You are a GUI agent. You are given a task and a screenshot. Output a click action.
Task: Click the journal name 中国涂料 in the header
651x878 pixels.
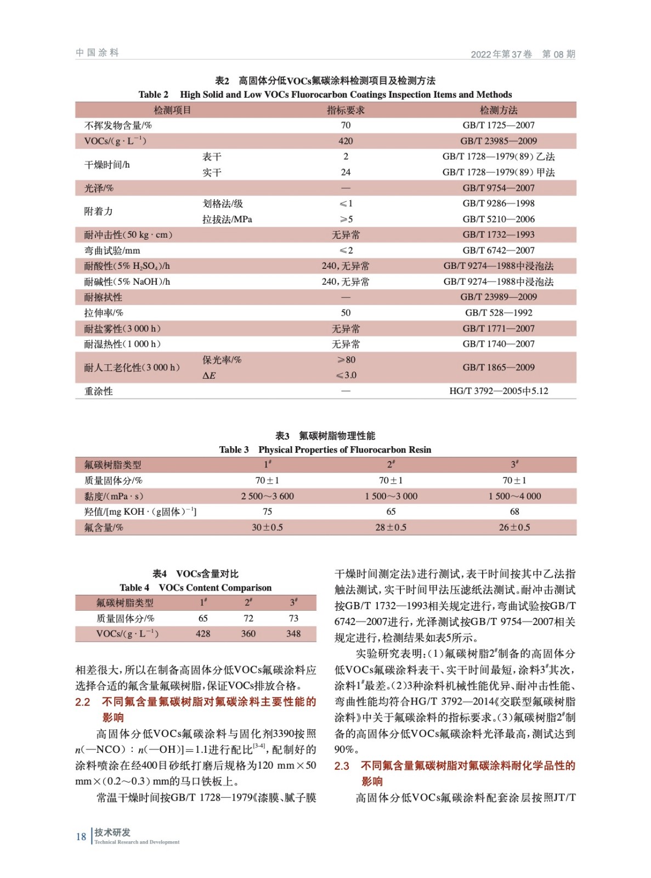coord(97,53)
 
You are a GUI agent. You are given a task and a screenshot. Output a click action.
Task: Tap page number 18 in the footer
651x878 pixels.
coord(81,837)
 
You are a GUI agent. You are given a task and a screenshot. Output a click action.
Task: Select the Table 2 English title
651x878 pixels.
coord(325,94)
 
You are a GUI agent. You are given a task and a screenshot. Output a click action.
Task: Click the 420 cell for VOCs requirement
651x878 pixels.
coord(346,141)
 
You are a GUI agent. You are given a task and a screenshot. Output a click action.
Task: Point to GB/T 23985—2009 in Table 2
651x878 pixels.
coord(499,141)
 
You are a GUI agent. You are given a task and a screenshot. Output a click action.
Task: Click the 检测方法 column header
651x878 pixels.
coord(499,110)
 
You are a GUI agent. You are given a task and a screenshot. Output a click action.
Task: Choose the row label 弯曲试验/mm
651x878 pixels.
coord(112,251)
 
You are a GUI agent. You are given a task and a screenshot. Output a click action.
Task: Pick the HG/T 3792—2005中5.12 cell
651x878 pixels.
coord(499,391)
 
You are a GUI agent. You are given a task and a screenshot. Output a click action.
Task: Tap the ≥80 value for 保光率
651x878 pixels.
coord(346,360)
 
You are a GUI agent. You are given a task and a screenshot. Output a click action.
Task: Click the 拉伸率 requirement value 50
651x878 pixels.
coord(346,313)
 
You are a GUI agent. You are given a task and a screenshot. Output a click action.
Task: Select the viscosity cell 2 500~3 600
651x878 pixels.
coord(267,496)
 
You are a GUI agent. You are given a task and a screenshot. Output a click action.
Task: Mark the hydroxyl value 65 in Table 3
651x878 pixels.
coord(391,511)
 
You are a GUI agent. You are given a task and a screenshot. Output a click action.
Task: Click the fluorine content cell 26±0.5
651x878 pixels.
coord(514,527)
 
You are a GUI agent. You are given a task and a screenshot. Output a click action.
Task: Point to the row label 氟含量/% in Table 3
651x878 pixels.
coord(104,527)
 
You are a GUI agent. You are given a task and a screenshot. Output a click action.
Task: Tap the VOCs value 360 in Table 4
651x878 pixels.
coord(248,634)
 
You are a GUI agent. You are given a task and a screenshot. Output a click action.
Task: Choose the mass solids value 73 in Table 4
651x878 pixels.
coord(293,618)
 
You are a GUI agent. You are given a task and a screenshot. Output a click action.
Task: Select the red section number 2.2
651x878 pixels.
coord(83,702)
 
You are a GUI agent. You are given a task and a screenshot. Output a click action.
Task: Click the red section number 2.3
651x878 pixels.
coord(342,766)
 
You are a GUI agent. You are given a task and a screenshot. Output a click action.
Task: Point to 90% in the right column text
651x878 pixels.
coord(346,750)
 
